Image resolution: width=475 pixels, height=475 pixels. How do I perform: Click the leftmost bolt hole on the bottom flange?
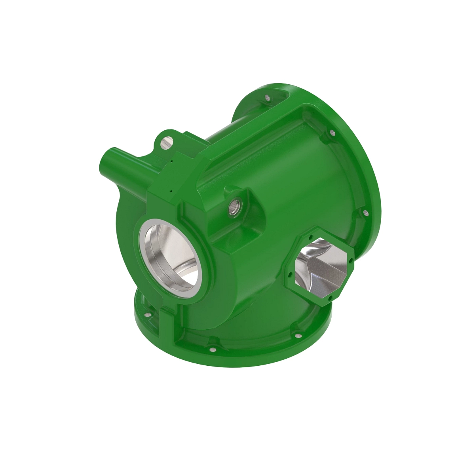tap(147, 315)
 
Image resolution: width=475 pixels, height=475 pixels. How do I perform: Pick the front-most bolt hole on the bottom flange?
tap(213, 350)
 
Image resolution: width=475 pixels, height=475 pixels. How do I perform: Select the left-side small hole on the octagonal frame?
tap(291, 274)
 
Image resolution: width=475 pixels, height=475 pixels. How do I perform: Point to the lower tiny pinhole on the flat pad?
tap(171, 191)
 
